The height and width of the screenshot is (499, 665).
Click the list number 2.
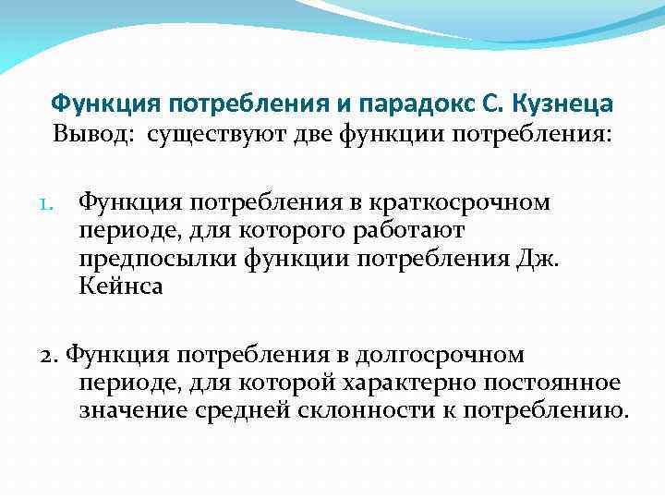(x=52, y=355)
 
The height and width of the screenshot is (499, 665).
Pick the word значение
(x=133, y=410)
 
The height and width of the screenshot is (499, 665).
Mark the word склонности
(x=364, y=410)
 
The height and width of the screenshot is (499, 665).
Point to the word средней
(x=243, y=410)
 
